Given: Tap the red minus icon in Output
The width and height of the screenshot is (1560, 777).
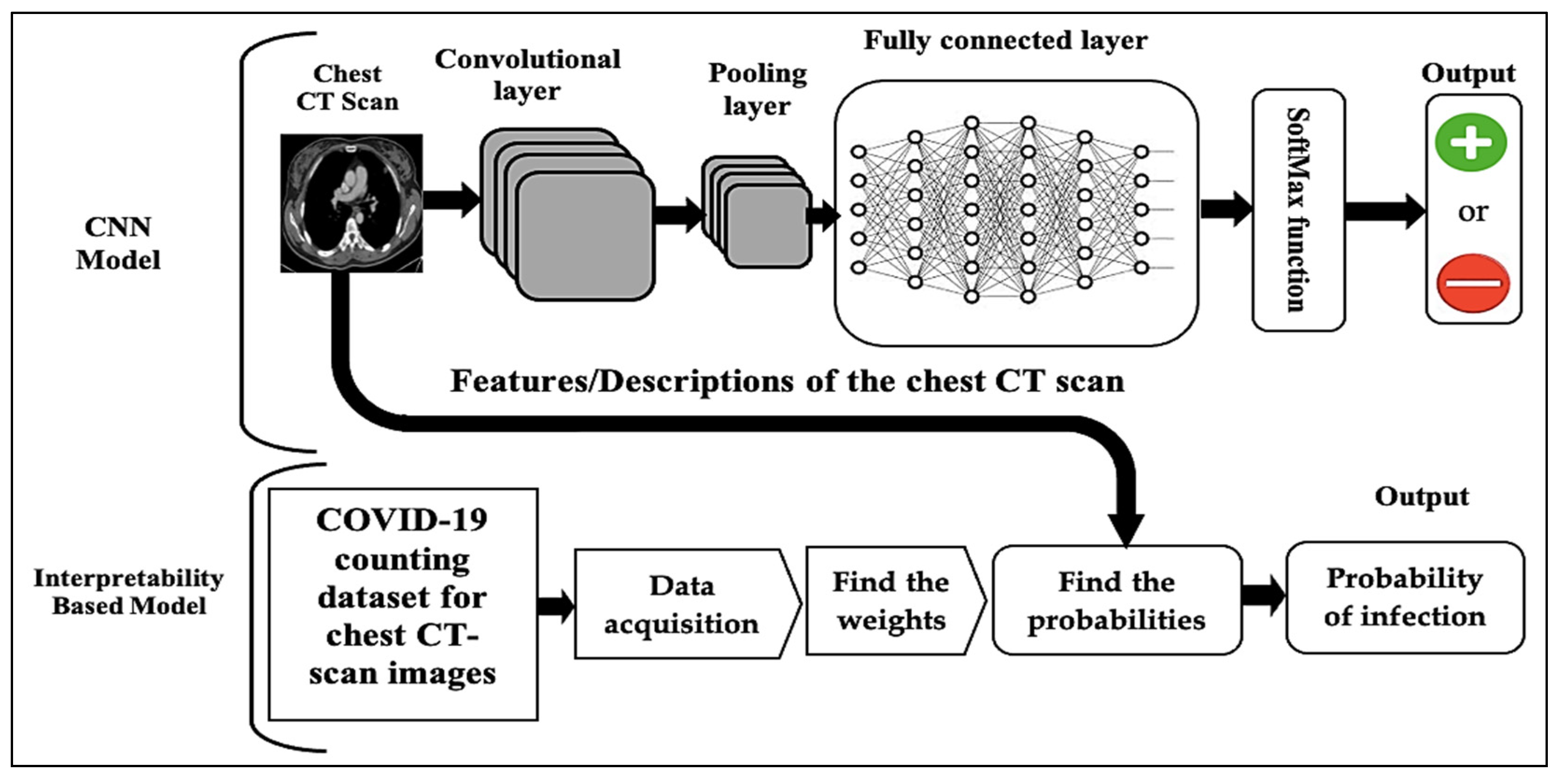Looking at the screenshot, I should coord(1472,283).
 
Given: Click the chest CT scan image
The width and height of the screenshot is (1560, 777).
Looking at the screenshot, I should coord(351,203).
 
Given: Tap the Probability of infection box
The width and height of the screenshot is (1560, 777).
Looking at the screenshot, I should coord(1405,598).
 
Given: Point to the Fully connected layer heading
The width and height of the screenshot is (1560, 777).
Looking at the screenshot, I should coord(1005,41).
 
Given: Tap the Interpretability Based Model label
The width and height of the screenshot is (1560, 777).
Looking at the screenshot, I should coord(128,592).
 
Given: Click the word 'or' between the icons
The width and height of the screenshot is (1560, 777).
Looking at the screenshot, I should coord(1473,212).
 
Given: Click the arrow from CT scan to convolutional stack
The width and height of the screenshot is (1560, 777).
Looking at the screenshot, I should coord(451,199).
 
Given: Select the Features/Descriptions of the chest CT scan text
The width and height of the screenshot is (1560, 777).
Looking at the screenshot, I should coord(787,381).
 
